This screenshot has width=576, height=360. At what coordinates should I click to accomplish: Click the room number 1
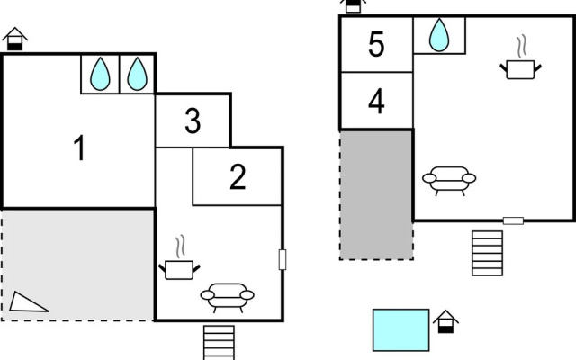pyautogui.click(x=80, y=148)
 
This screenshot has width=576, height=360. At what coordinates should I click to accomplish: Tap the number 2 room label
pyautogui.click(x=238, y=177)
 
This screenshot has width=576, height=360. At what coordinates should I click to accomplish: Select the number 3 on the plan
pyautogui.click(x=193, y=121)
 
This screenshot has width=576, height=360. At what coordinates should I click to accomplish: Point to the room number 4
pyautogui.click(x=376, y=102)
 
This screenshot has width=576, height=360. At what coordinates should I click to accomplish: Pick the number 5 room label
pyautogui.click(x=376, y=44)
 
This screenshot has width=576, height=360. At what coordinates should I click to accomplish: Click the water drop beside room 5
pyautogui.click(x=439, y=35)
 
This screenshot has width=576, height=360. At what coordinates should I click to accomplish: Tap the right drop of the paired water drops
pyautogui.click(x=138, y=74)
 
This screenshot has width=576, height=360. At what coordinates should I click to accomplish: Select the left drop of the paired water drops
pyautogui.click(x=100, y=74)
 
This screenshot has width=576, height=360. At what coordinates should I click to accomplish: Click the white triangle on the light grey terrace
pyautogui.click(x=26, y=303)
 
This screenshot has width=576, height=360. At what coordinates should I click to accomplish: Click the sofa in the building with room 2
pyautogui.click(x=228, y=297)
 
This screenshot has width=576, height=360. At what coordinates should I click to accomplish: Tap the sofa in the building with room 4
pyautogui.click(x=449, y=181)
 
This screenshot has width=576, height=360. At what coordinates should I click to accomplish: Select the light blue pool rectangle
pyautogui.click(x=401, y=330)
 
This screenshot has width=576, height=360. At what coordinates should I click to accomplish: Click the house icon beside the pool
pyautogui.click(x=446, y=322)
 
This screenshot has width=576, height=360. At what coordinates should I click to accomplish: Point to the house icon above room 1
pyautogui.click(x=15, y=39)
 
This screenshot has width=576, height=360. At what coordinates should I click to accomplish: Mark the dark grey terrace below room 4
pyautogui.click(x=376, y=195)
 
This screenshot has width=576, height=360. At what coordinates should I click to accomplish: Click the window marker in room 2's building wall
pyautogui.click(x=283, y=260)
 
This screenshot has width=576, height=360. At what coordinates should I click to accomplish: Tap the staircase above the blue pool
pyautogui.click(x=488, y=253)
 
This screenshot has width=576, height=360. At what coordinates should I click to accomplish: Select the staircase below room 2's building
pyautogui.click(x=220, y=342)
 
